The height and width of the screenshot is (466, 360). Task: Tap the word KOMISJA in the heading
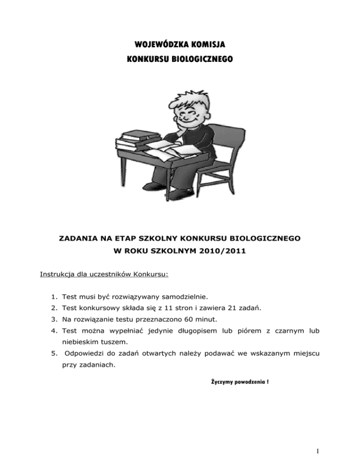click(x=207, y=45)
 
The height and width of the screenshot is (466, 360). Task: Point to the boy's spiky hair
click(x=181, y=98)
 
